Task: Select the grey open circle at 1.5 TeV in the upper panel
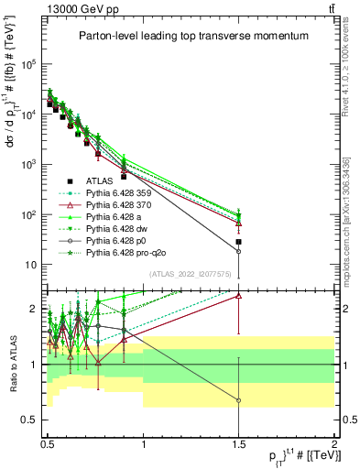pos(238,251)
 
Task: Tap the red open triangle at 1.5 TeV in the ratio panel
pos(238,296)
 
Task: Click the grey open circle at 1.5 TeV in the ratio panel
pos(238,400)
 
